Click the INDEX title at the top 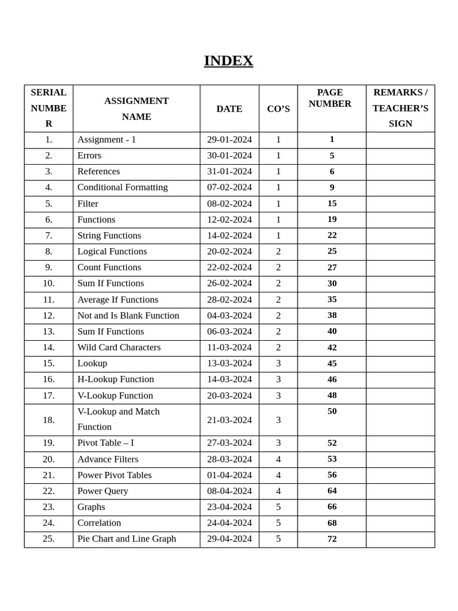coord(228,61)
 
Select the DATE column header coord(229,109)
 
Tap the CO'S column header coord(278,109)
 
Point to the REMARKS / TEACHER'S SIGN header coord(400,108)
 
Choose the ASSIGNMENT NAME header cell coord(137,109)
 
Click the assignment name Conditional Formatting coord(122,187)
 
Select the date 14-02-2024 coord(229,236)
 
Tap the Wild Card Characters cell coord(119,347)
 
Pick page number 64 coord(332,490)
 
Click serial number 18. coord(48,420)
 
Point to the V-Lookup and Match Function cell coord(118,419)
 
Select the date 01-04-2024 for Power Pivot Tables coord(229,476)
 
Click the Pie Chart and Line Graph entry coord(126,539)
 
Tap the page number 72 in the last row coord(332,539)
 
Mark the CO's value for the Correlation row coord(278,523)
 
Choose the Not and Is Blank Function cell coord(128,316)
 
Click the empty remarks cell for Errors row coord(400,156)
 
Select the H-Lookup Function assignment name coord(116,379)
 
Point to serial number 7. coord(48,236)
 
